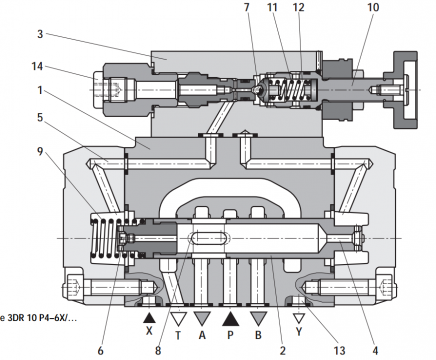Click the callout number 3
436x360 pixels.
[x=40, y=34]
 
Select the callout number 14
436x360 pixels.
[x=37, y=66]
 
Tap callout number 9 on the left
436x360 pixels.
[x=40, y=152]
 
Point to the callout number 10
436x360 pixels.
[x=373, y=7]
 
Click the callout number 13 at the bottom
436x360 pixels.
[x=340, y=350]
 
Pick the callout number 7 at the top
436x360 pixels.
[x=247, y=7]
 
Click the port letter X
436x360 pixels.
[x=149, y=331]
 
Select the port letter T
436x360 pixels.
[x=178, y=335]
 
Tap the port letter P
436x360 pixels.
[x=230, y=335]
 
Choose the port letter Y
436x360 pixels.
[x=299, y=332]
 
